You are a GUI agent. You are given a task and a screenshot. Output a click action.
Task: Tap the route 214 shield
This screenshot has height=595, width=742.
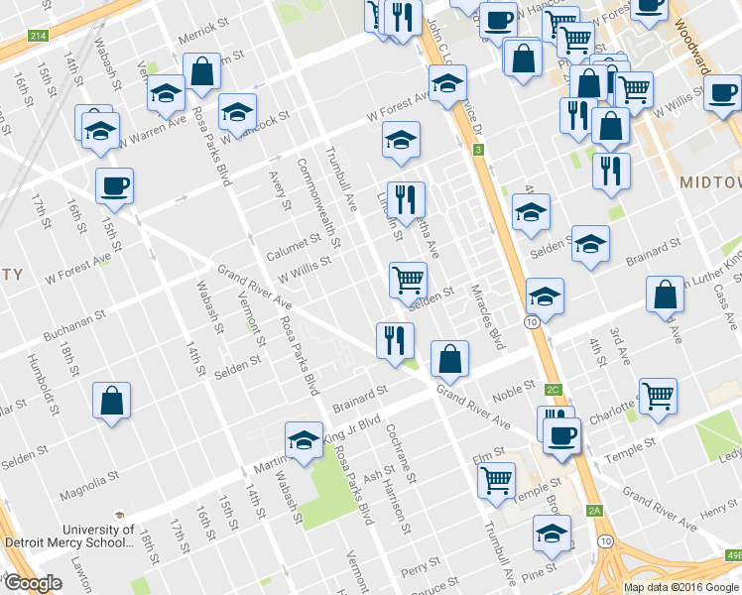tap(38, 36)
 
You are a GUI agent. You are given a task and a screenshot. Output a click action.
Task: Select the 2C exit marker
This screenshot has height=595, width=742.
tap(554, 390)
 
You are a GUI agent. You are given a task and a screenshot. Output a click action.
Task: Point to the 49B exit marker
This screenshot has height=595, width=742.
tap(733, 555)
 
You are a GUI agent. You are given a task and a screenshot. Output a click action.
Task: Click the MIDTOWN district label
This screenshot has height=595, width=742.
tap(710, 182)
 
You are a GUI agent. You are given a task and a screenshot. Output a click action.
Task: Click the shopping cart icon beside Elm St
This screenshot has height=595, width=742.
tap(496, 480)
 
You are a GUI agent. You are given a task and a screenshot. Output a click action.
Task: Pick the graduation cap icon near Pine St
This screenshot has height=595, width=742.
tap(552, 533)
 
